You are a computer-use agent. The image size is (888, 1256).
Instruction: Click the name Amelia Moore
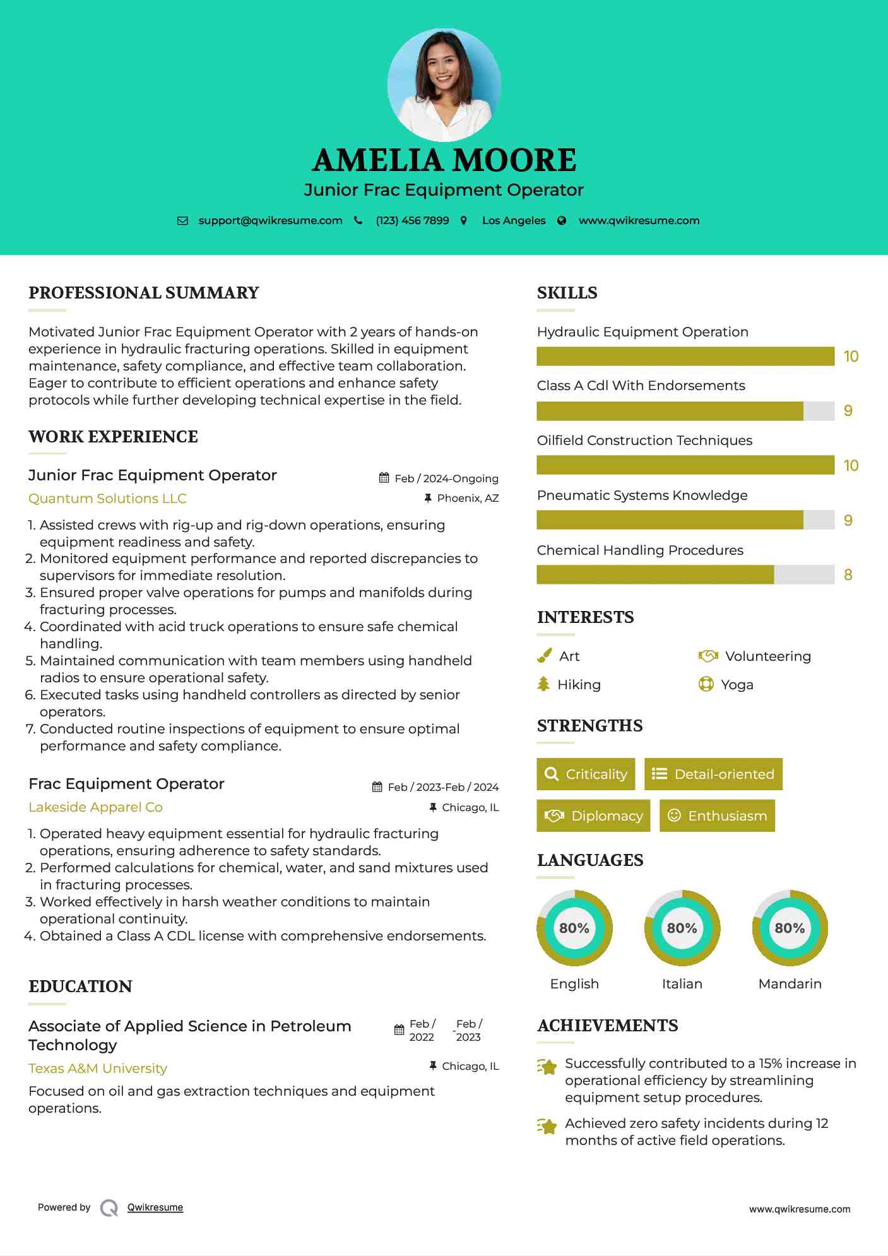point(444,160)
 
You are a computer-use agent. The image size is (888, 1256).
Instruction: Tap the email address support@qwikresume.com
point(270,220)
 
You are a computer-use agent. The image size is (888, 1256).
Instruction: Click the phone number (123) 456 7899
point(412,220)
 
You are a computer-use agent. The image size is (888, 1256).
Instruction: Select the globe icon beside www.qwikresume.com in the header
point(562,220)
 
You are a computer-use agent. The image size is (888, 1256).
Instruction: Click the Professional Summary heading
point(144,293)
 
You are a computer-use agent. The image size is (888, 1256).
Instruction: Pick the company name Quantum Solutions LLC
point(107,499)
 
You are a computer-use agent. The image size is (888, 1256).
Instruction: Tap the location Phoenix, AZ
point(468,498)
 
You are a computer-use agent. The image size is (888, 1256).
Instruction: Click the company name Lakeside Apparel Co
point(95,807)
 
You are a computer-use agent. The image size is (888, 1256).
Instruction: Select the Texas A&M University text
point(98,1069)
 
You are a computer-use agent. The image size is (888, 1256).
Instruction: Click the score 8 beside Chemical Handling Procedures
point(848,575)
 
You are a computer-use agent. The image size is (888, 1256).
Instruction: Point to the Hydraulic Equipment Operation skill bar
point(685,356)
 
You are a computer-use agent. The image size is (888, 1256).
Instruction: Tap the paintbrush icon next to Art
point(544,656)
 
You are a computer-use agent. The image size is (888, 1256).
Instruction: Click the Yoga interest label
point(737,685)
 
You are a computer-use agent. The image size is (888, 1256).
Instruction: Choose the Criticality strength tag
point(586,774)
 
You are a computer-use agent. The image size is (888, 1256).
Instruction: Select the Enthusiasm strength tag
point(717,816)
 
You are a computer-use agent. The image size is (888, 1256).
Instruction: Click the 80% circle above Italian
point(682,928)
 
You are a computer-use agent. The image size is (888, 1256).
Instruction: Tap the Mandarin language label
point(790,984)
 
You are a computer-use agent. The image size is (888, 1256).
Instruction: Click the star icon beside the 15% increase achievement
point(547,1067)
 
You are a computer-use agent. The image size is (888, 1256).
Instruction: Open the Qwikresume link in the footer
point(155,1207)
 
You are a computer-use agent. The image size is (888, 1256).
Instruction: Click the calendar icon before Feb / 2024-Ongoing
point(384,478)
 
